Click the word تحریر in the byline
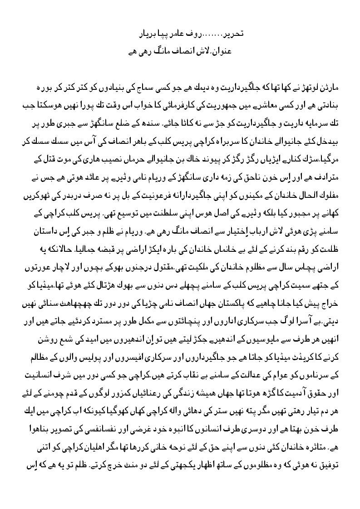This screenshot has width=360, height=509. pyautogui.click(x=223, y=34)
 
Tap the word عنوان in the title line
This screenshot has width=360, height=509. pyautogui.click(x=222, y=51)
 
